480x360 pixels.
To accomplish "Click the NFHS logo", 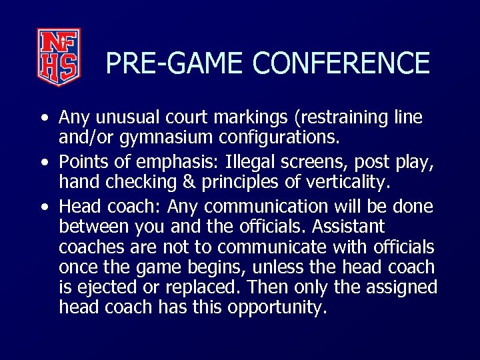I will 59,57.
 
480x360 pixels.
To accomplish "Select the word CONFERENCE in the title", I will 341,63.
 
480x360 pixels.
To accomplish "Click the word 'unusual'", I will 124,118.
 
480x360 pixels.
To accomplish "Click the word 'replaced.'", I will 213,288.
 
